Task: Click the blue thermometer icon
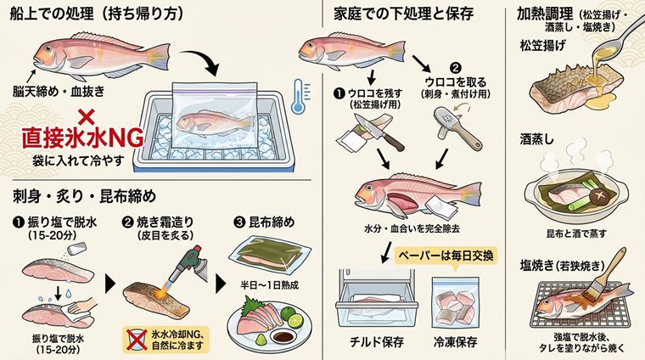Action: [x=300, y=97]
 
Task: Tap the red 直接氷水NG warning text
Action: [x=82, y=138]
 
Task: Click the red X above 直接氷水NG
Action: [x=86, y=117]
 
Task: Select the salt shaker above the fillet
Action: [x=77, y=249]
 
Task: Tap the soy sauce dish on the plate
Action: [x=283, y=336]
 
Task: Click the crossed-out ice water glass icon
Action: [x=136, y=340]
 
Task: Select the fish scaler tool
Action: [x=457, y=127]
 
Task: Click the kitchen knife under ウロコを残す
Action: [x=379, y=132]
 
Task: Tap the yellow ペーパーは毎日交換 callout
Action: [x=446, y=256]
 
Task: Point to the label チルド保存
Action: [x=376, y=342]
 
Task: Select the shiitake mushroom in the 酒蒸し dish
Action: [x=600, y=196]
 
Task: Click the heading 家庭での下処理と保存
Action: [x=403, y=14]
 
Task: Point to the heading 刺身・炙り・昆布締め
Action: [x=85, y=196]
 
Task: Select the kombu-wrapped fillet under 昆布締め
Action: [x=270, y=253]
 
